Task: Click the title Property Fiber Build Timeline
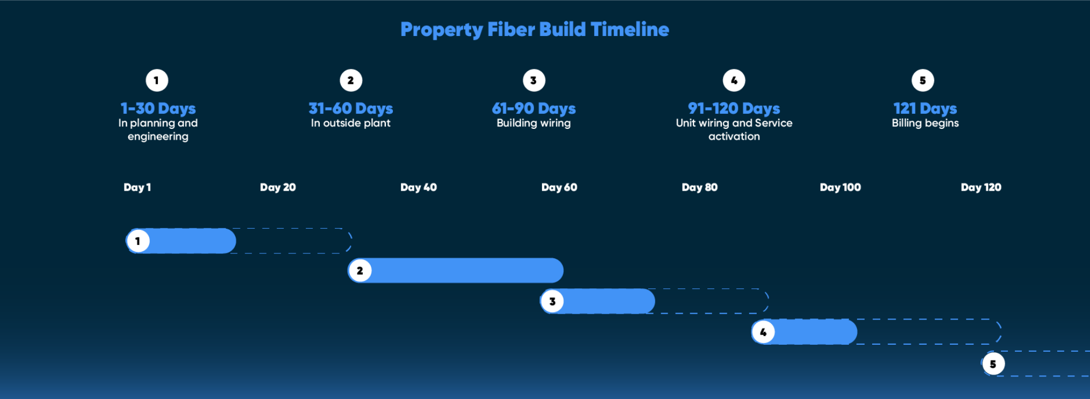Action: [x=535, y=30]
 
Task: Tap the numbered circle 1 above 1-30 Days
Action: [x=157, y=81]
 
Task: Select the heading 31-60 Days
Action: [x=350, y=108]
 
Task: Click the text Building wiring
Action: [x=533, y=123]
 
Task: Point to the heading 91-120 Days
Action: [x=734, y=108]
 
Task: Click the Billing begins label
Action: [x=925, y=123]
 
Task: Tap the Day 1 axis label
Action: [x=137, y=187]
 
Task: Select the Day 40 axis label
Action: [x=418, y=187]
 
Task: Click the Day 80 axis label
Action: [x=699, y=187]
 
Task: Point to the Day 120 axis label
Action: [x=981, y=187]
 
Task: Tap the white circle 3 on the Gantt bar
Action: [x=552, y=301]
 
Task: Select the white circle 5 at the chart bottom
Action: [x=993, y=364]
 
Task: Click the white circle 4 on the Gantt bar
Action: [x=763, y=332]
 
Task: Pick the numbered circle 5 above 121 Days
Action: [x=923, y=81]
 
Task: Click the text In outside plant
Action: [x=350, y=123]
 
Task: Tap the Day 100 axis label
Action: [x=840, y=187]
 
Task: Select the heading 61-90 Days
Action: [x=533, y=108]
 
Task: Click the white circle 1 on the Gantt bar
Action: [x=138, y=241]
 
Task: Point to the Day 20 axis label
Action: [x=277, y=187]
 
